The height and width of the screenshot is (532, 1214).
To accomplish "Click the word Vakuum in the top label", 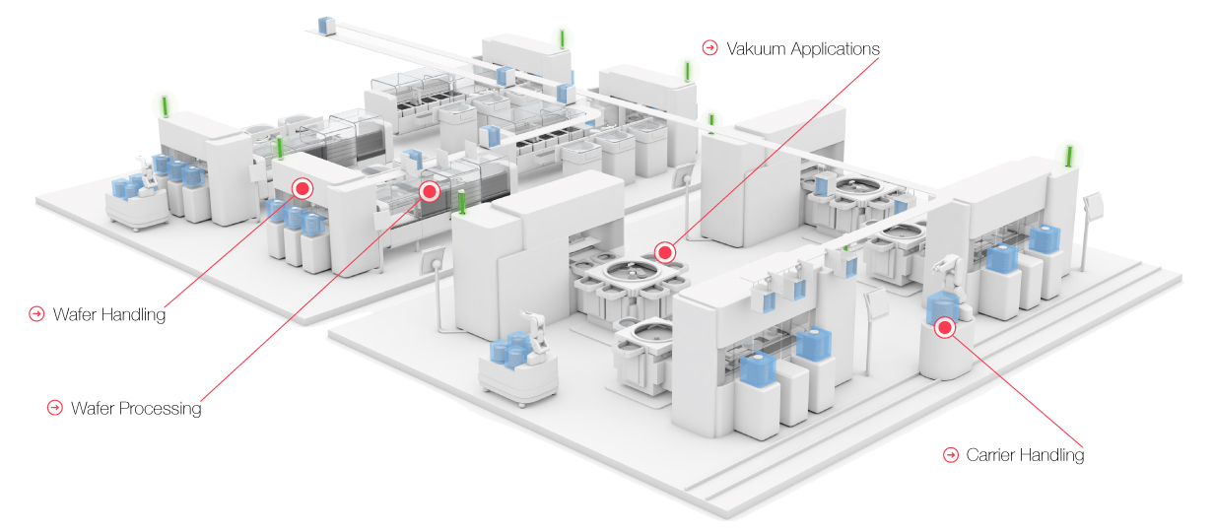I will coord(756,48).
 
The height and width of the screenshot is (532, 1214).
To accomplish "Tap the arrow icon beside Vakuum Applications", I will coord(709,47).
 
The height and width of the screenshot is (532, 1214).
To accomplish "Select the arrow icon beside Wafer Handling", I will coord(37,314).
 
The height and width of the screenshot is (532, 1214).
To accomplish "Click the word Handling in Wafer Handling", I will coord(133,315).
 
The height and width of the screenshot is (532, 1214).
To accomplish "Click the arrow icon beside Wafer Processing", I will coord(55,406).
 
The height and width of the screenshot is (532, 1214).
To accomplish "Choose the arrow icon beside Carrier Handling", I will coord(951,454).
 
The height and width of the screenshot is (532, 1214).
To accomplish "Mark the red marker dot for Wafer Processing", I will coord(430,191).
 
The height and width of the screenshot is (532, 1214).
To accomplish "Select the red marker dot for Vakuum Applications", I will coord(665,253).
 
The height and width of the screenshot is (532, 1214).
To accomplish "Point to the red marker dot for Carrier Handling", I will coord(945,328).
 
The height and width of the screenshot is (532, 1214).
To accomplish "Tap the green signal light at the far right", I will coord(1069,156).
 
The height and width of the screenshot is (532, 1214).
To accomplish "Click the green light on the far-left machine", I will coord(166,105).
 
